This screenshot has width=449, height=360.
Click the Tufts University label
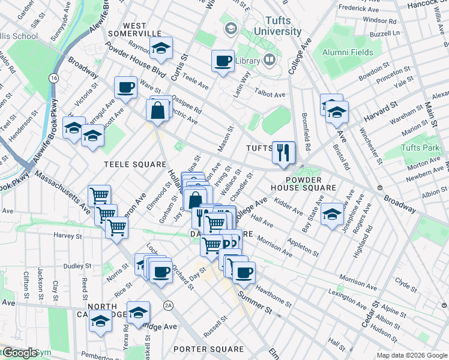pyautogui.click(x=277, y=25)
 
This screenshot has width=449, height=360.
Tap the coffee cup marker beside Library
pyautogui.click(x=223, y=61)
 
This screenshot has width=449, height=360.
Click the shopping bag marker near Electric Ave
pyautogui.click(x=158, y=110)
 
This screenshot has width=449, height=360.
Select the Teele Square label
pyautogui.click(x=134, y=164)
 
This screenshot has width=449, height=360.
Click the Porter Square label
pyautogui.click(x=208, y=349)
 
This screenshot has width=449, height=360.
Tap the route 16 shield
pyautogui.click(x=54, y=78)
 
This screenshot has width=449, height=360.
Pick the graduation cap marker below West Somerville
pyautogui.click(x=160, y=50)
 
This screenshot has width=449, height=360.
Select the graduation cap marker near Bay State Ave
pyautogui.click(x=331, y=214)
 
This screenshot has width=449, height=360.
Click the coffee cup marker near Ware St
pyautogui.click(x=126, y=88)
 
